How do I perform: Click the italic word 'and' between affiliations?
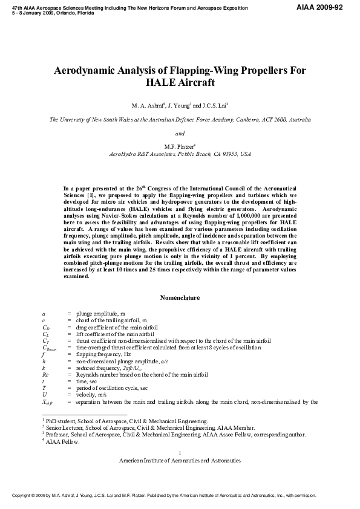pyautogui.click(x=180, y=133)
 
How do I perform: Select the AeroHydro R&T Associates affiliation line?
pyautogui.click(x=180, y=155)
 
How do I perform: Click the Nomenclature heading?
pyautogui.click(x=180, y=297)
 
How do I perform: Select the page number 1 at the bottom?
pyautogui.click(x=180, y=453)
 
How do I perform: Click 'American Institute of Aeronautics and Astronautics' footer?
pyautogui.click(x=180, y=460)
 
